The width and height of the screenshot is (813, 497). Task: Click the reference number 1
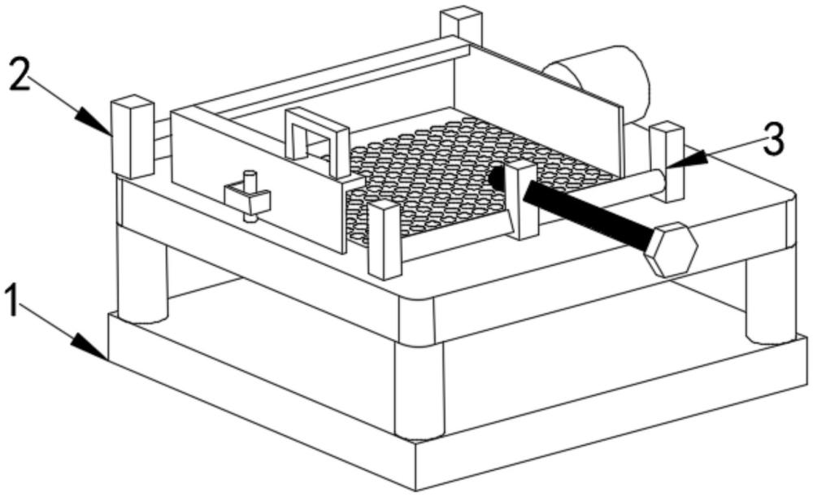[x=12, y=300]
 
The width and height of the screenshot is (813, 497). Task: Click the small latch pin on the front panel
[x=249, y=195]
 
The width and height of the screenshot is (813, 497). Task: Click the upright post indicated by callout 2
[x=133, y=136]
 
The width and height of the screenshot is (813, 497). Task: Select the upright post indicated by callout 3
[x=667, y=161]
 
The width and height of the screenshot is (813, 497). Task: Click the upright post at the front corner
[x=384, y=239]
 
